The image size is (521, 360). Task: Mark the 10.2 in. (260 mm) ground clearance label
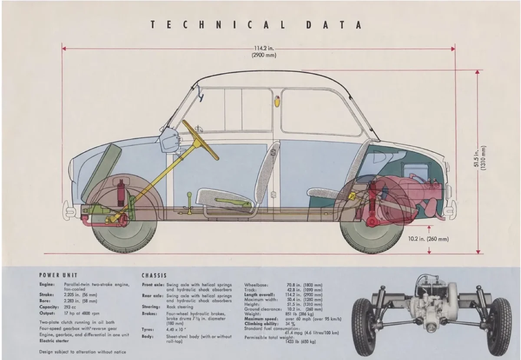[428, 239]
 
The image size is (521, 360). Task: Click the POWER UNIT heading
[58, 275]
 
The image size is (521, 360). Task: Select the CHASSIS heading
[154, 275]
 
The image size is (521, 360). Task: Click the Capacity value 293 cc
[70, 307]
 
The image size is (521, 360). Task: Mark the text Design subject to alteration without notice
[82, 352]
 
